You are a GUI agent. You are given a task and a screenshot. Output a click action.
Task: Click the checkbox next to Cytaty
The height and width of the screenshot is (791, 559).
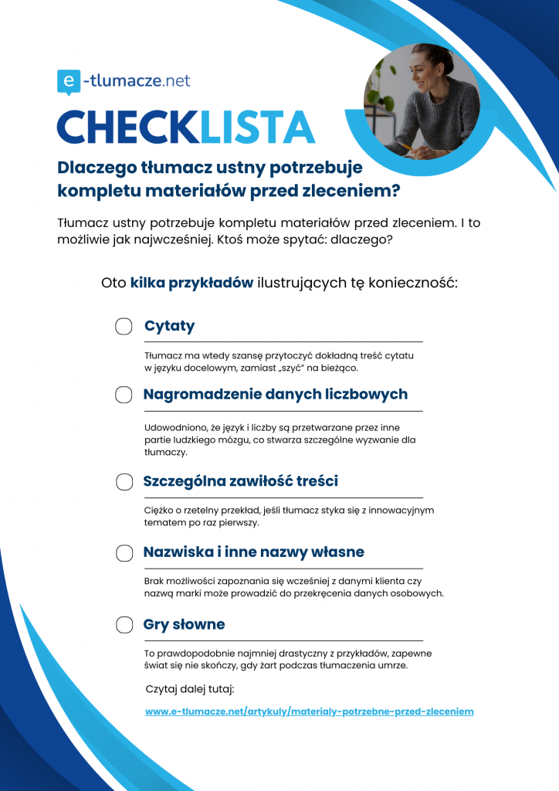124,326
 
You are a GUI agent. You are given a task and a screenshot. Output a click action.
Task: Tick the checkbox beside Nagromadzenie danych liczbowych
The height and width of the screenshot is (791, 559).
124,395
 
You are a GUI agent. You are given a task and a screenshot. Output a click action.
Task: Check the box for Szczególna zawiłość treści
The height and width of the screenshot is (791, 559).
124,482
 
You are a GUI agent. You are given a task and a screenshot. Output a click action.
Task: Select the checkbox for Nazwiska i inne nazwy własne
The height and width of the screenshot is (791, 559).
124,552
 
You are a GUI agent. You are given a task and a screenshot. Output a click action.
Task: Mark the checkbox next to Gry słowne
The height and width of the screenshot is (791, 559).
124,624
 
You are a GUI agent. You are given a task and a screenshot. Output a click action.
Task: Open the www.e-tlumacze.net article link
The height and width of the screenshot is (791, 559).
309,711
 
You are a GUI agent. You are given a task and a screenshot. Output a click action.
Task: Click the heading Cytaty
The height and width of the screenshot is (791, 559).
169,326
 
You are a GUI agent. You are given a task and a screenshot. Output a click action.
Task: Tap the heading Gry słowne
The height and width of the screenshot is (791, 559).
184,624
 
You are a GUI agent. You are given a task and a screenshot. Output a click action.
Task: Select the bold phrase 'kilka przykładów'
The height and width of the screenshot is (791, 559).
191,282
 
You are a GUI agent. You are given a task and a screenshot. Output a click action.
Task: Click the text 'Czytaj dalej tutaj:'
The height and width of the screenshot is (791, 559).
189,688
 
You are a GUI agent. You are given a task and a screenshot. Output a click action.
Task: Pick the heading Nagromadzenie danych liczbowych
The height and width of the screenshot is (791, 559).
275,395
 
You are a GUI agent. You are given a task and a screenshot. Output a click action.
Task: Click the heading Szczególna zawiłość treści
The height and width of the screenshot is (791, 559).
240,482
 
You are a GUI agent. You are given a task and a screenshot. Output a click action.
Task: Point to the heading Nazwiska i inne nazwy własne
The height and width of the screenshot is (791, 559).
253,552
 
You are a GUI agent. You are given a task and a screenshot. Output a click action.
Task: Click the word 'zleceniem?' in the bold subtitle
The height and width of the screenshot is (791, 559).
363,189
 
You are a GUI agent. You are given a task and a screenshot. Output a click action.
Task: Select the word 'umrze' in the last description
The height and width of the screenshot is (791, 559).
392,666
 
